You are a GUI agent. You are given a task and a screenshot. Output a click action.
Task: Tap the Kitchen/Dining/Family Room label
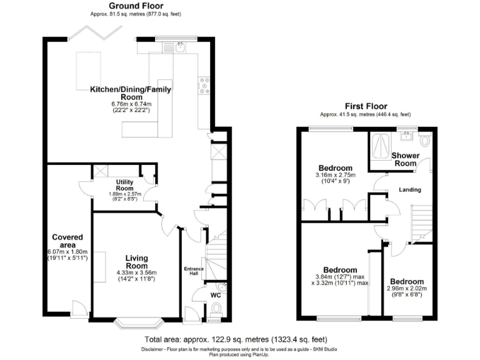131,93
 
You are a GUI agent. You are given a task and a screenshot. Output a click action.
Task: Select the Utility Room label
125,184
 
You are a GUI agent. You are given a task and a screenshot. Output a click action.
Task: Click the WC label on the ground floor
215,294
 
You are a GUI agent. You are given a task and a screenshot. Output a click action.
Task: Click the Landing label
410,189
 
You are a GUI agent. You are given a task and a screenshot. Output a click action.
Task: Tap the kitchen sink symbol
180,47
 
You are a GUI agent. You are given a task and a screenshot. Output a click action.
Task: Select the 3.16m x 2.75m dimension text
336,176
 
